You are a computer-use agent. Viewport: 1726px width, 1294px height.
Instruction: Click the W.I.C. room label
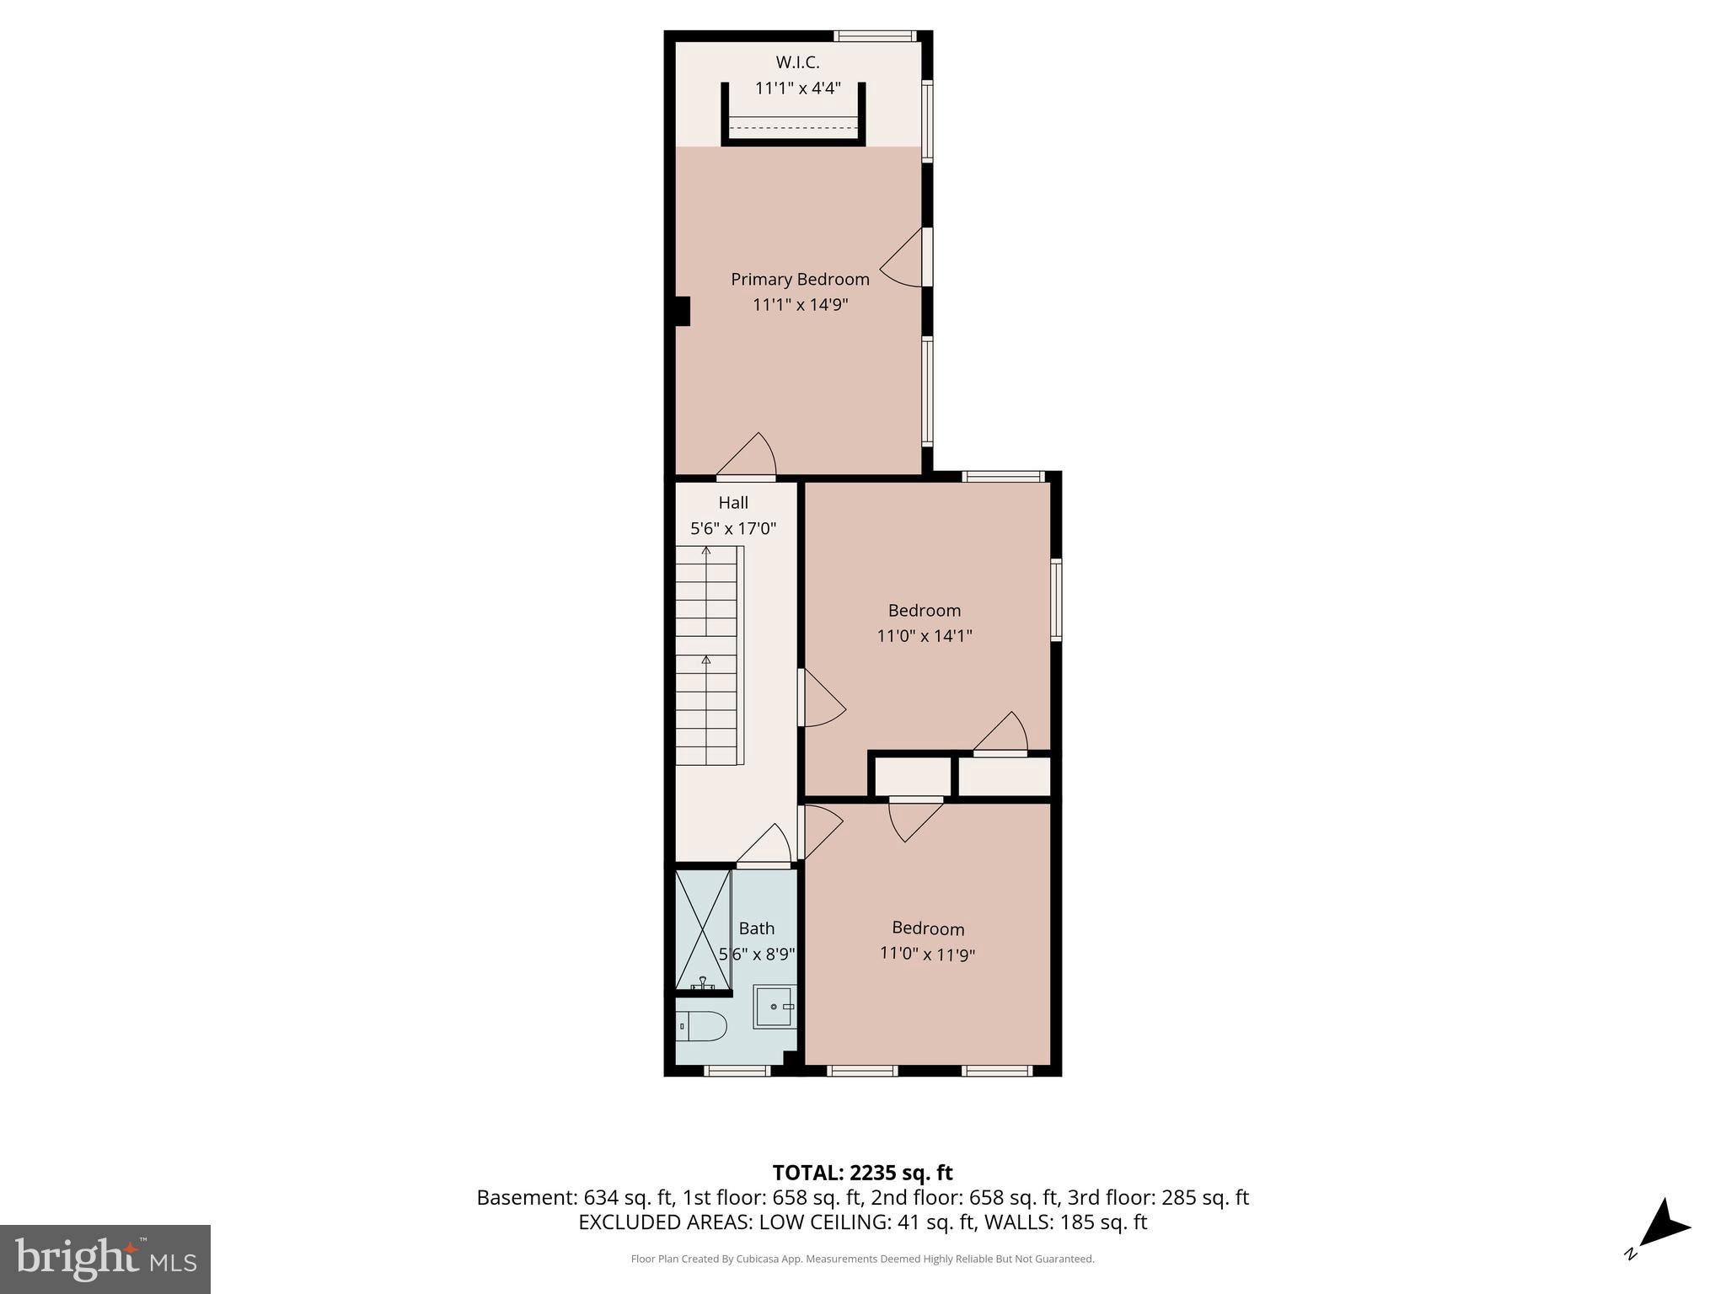(797, 62)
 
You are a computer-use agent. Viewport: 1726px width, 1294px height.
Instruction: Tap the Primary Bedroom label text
(800, 280)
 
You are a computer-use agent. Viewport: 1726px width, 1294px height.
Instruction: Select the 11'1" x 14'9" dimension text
(800, 305)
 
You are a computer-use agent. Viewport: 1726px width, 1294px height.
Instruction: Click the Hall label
(733, 503)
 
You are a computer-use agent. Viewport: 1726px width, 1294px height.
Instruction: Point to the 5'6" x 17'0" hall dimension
(733, 529)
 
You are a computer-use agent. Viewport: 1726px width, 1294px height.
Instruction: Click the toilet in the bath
(702, 1026)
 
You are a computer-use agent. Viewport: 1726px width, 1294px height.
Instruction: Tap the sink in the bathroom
(774, 1007)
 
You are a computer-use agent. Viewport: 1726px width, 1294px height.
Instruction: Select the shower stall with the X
(703, 929)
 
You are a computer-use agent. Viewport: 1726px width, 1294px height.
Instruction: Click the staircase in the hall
(708, 655)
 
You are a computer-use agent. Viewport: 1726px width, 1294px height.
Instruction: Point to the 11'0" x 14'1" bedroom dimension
(925, 636)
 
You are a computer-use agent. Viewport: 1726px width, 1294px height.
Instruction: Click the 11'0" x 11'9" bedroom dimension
(927, 954)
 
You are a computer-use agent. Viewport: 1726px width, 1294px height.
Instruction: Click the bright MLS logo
(105, 1259)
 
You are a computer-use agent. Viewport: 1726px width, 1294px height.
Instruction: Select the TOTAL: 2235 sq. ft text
(862, 1173)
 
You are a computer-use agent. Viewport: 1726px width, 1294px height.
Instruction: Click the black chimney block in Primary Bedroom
(682, 311)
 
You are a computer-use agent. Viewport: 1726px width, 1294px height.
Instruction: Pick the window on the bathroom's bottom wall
(737, 1071)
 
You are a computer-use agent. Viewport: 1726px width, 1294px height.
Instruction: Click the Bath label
(757, 928)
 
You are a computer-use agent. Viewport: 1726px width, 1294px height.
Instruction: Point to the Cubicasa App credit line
(862, 1259)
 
